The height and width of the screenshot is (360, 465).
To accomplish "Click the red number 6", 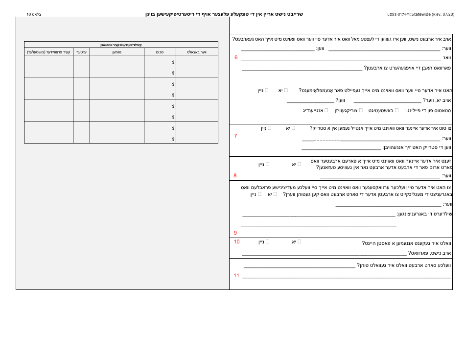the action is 236,58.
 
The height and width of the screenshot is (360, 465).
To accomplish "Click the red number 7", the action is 236,136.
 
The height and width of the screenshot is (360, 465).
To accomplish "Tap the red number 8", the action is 235,175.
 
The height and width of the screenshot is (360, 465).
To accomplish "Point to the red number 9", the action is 235,233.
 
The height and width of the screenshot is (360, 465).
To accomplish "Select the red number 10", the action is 237,241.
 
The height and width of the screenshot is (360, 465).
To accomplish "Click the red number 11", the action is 236,275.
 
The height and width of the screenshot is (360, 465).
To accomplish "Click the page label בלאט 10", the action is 34,14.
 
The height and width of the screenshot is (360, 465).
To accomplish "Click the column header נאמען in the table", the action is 116,51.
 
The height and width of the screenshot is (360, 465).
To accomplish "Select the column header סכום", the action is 160,51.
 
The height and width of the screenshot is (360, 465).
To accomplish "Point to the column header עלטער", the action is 81,51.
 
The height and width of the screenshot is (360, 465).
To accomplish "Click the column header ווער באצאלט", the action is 197,51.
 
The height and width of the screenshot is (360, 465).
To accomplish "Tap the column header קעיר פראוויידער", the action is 48,51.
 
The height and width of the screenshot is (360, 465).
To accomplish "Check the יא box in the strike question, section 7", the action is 293,128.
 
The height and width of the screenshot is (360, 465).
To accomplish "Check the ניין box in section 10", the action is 268,241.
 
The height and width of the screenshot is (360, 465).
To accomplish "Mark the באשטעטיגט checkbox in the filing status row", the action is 396,110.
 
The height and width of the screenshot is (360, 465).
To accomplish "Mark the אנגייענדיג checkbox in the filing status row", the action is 326,110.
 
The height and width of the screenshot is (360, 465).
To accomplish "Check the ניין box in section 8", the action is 267,164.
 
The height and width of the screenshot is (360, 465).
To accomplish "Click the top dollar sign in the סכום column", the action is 173,62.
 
